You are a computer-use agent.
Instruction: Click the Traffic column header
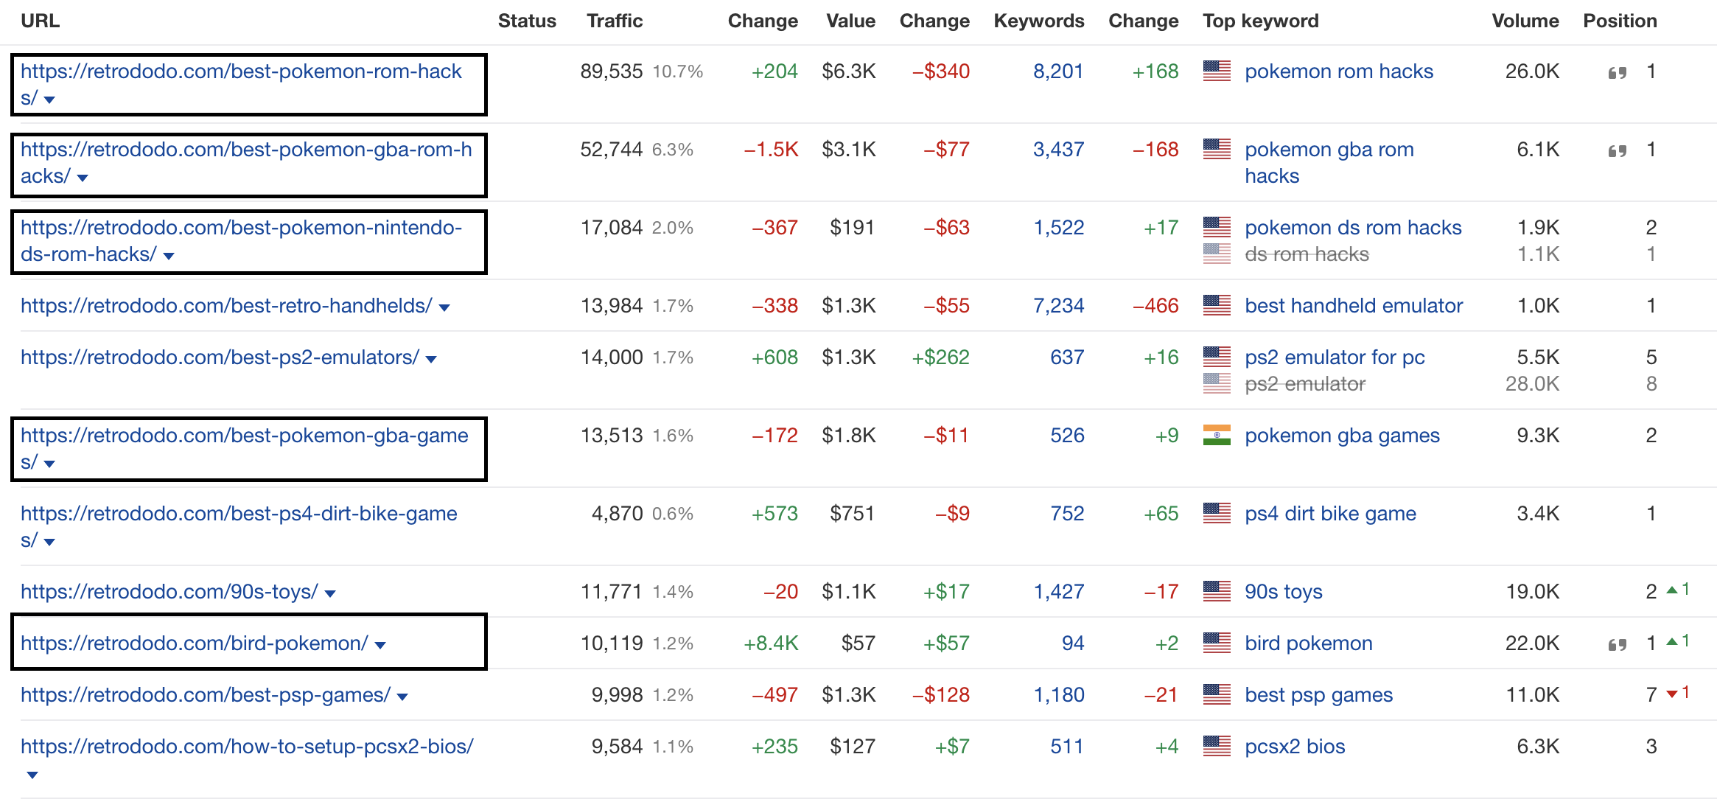[615, 21]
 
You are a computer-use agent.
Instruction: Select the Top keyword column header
[1260, 21]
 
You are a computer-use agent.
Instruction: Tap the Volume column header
[1525, 21]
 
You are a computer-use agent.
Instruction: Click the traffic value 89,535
[611, 71]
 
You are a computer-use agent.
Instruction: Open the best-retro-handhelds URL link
[226, 306]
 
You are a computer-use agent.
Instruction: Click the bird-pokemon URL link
[194, 643]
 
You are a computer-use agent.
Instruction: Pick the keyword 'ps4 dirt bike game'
[1330, 514]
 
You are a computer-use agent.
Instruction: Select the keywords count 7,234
[1058, 306]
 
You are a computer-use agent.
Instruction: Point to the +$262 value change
[940, 357]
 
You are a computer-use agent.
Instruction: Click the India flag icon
[1217, 436]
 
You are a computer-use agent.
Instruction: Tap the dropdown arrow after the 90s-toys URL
[330, 593]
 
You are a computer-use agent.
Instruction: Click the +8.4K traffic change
[771, 643]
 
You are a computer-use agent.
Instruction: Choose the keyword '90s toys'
[1283, 592]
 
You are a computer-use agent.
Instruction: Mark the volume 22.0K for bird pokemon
[1532, 643]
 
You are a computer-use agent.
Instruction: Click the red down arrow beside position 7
[1672, 694]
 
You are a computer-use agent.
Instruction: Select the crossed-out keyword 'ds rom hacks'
[1307, 254]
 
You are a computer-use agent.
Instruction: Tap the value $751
[852, 514]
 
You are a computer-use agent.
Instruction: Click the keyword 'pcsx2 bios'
[1295, 747]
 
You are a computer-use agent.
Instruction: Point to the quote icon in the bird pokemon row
[1617, 645]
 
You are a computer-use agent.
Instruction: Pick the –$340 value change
[941, 71]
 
